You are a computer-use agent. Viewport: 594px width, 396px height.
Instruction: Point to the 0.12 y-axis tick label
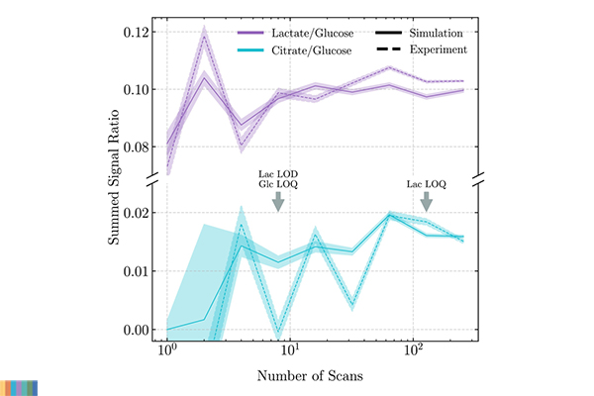point(133,32)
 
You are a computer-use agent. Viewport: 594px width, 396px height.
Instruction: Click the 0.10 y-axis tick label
point(133,89)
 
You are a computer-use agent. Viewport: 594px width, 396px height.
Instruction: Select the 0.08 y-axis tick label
point(133,147)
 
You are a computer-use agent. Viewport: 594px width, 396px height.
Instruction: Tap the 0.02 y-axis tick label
point(133,213)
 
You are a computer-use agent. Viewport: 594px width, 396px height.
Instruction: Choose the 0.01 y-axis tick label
point(133,271)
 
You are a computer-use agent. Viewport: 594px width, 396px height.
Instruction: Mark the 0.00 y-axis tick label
point(133,330)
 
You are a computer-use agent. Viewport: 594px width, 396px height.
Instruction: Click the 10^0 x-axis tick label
point(167,352)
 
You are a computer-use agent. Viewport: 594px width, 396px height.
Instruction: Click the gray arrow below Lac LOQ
point(427,201)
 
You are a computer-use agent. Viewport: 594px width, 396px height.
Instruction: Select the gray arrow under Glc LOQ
point(278,201)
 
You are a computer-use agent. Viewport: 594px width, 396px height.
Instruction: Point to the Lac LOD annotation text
point(278,172)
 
